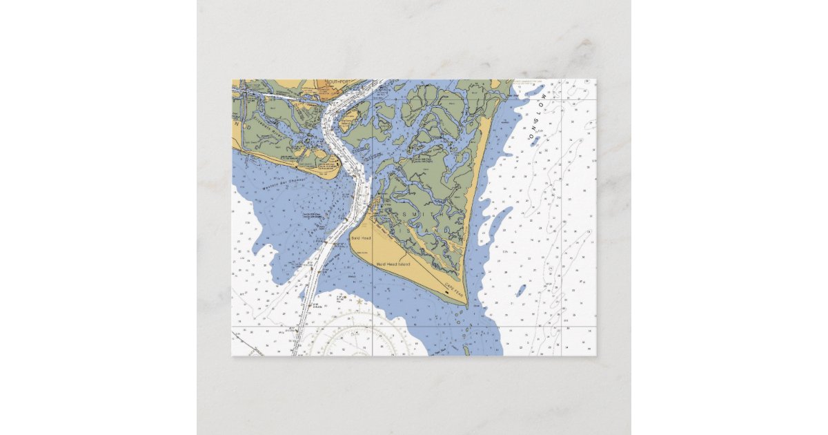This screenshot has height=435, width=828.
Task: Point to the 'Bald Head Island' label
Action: pyautogui.click(x=393, y=264)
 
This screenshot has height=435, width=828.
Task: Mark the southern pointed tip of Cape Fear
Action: pyautogui.click(x=466, y=305)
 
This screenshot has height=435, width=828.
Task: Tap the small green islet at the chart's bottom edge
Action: pyautogui.click(x=466, y=351)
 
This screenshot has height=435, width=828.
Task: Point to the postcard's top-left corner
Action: pyautogui.click(x=232, y=79)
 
